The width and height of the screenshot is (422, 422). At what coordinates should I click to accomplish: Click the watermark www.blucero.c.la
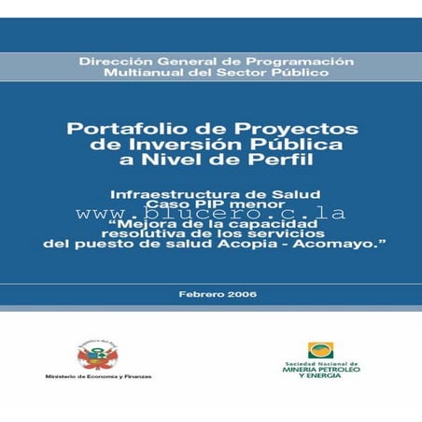click(x=211, y=213)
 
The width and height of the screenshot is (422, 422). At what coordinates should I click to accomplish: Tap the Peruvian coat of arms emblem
click(x=97, y=355)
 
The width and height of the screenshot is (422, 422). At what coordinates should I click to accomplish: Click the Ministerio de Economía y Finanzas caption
click(x=97, y=377)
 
